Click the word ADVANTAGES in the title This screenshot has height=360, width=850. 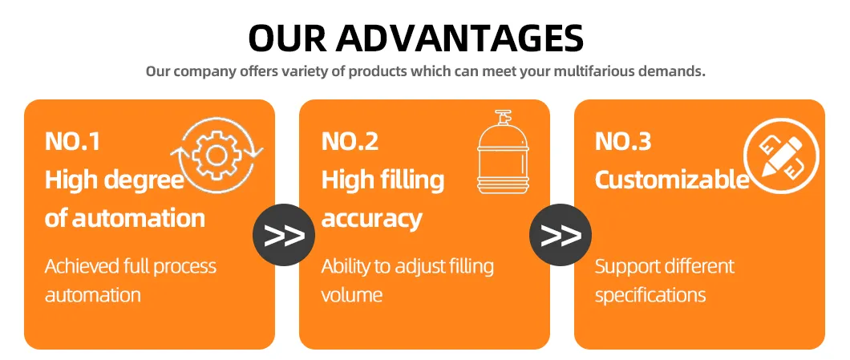[x=459, y=38]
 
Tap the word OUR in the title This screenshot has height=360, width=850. [x=286, y=38]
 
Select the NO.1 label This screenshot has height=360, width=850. [x=72, y=141]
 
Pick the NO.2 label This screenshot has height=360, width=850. [x=350, y=141]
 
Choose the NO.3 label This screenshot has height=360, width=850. [x=623, y=141]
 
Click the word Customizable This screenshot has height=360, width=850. [x=671, y=180]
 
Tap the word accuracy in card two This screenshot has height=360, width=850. [x=371, y=218]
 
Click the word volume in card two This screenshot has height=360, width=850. [x=352, y=294]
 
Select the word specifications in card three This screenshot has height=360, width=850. [x=650, y=295]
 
